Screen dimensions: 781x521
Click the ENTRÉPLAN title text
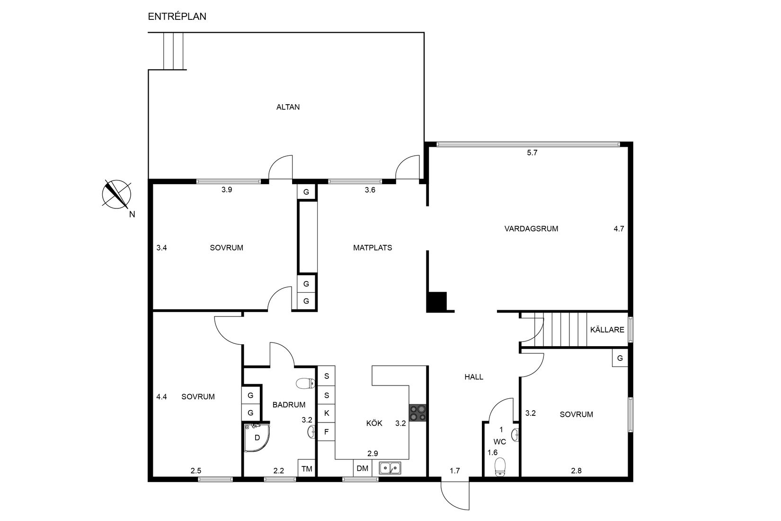177,17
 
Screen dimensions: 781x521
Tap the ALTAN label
288,107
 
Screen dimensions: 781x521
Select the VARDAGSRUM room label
532,229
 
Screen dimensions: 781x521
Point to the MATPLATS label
373,248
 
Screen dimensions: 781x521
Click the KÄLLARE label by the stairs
607,330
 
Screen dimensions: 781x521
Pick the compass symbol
116,194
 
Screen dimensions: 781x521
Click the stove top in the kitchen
418,413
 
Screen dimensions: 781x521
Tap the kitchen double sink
390,467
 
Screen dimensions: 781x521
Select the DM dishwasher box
363,468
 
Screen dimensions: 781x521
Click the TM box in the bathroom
307,468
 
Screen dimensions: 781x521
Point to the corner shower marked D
257,437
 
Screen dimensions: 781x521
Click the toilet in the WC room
500,467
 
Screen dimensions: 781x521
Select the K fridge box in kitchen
327,413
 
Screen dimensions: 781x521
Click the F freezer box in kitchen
327,431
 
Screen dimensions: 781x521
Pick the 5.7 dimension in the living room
532,153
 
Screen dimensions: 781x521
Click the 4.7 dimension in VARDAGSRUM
619,229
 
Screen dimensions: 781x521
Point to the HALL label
474,377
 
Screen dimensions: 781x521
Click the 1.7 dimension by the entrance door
455,471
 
